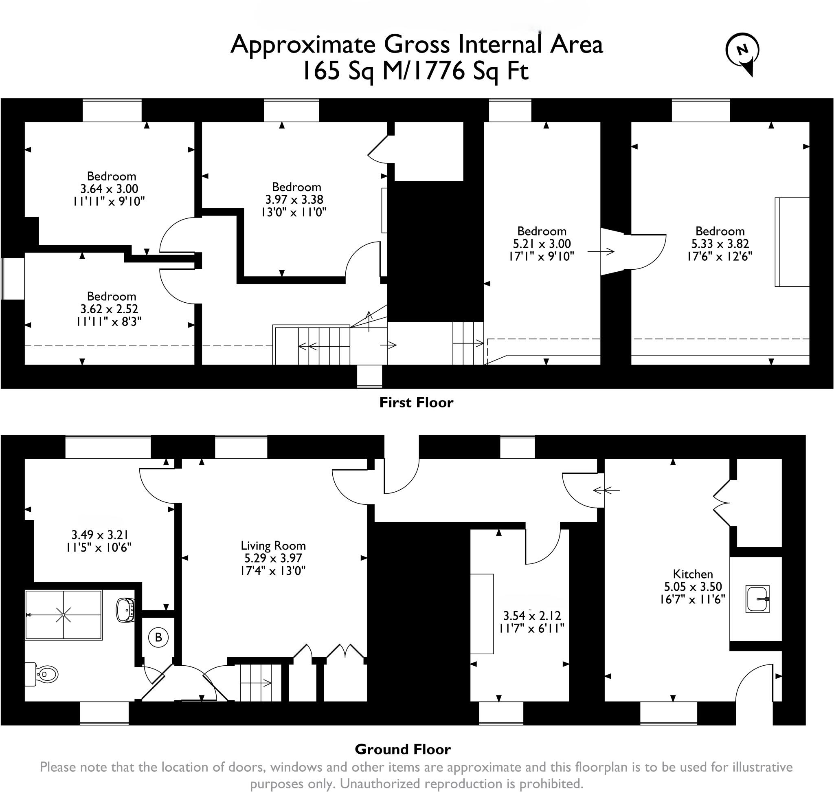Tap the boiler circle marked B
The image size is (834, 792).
158,637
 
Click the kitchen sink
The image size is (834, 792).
757,598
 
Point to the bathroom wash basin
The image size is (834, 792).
125,609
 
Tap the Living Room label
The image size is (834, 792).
273,546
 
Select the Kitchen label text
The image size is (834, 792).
693,574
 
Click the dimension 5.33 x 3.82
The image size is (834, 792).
720,244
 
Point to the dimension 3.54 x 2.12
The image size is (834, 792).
532,616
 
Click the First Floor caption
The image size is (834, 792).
416,403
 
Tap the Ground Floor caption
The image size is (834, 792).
403,749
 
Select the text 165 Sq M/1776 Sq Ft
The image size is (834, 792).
416,71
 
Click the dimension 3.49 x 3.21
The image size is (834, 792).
100,535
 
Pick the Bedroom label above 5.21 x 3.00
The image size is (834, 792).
542,231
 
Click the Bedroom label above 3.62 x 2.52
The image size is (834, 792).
112,296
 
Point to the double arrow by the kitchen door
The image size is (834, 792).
606,490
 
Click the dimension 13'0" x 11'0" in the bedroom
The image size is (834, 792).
294,212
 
